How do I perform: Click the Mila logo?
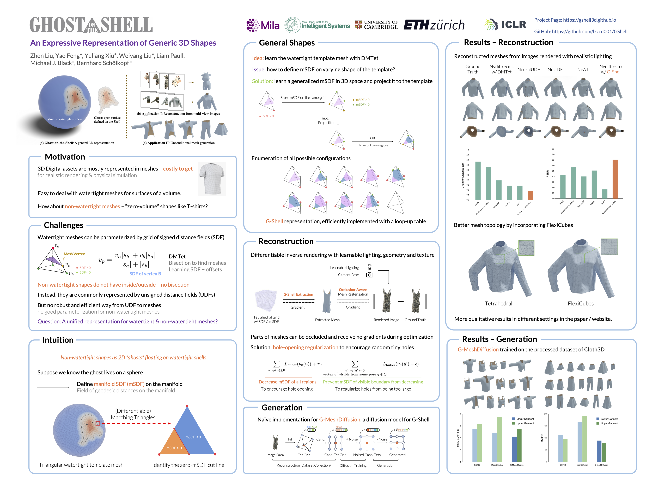[x=263, y=25]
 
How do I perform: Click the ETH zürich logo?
[x=434, y=25]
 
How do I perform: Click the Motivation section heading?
[x=65, y=157]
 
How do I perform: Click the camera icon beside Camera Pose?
[x=369, y=275]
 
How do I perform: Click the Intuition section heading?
[x=58, y=340]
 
